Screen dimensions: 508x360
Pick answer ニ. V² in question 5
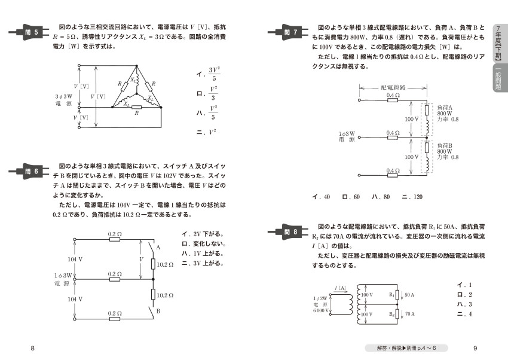[206, 132]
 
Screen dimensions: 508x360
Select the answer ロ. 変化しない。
[203, 243]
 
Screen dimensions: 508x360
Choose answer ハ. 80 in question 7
[381, 197]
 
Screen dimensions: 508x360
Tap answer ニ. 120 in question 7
[412, 197]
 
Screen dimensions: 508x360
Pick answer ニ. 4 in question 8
[464, 314]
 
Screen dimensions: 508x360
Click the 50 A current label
[409, 295]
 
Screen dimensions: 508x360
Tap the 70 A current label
[409, 314]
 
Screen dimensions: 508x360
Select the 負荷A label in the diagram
[445, 108]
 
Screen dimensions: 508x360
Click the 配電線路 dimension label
[393, 87]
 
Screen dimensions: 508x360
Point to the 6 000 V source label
[321, 311]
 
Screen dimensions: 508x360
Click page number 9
[475, 348]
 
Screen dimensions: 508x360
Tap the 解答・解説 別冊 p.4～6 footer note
[406, 348]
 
